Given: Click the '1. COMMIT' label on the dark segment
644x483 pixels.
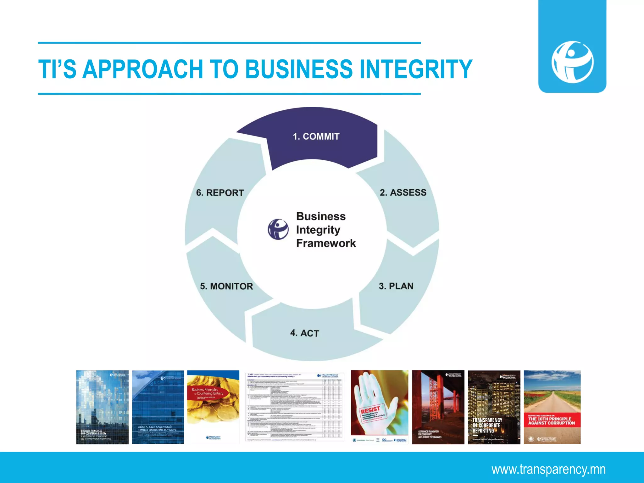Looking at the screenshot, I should point(316,136).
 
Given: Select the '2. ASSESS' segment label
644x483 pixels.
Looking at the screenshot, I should point(403,192).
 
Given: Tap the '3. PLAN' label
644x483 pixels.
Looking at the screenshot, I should point(396,286).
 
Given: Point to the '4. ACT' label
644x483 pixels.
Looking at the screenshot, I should point(304,333).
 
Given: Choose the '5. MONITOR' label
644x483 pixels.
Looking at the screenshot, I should point(226,286).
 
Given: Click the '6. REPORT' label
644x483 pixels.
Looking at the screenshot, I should point(220,193).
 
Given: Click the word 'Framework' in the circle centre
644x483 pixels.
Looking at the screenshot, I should point(326,243).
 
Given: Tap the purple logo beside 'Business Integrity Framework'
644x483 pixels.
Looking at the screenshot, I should point(278,229).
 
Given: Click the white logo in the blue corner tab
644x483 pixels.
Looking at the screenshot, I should point(572,62).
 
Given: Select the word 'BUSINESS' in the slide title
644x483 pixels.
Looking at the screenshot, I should point(299,69).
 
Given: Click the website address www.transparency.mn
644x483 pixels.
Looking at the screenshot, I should point(548,469).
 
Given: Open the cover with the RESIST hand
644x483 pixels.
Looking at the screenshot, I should point(379,407).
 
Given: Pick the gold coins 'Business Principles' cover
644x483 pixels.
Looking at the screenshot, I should point(213,407).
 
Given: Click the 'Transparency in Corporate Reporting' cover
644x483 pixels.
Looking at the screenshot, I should point(494,407).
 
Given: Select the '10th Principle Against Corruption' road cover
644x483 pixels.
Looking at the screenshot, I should point(552,407).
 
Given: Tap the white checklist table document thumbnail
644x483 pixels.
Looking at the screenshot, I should point(294,407).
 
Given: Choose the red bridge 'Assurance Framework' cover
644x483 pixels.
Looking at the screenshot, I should point(438,407).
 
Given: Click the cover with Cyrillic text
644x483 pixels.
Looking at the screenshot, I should point(158,407).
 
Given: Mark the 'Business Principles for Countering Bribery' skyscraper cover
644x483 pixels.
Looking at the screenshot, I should point(102,407).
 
